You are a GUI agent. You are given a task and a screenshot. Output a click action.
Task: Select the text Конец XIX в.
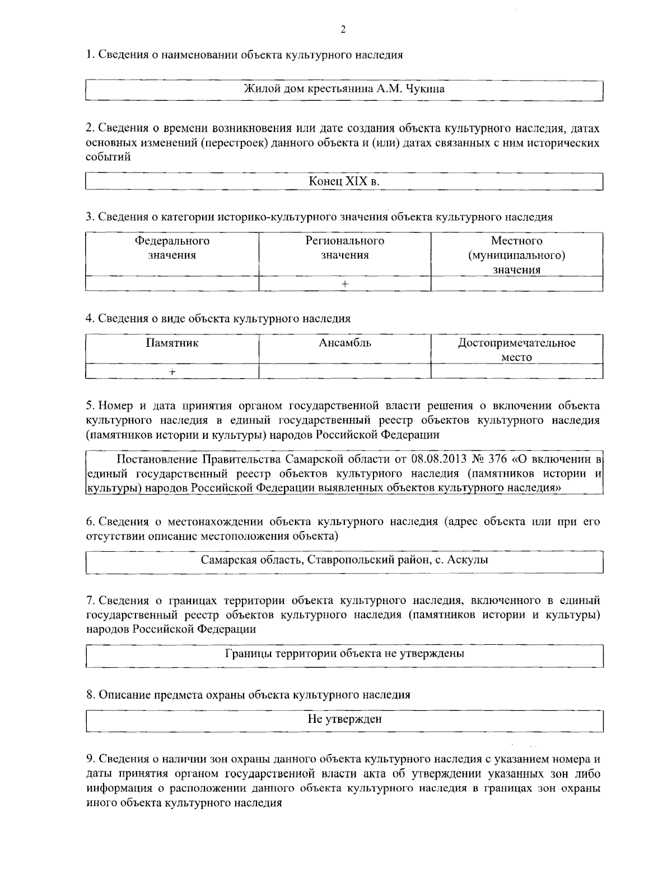pos(344,182)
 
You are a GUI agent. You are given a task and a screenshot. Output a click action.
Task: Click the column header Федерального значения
pos(172,248)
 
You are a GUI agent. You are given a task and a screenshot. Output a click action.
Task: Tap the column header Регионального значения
pos(344,248)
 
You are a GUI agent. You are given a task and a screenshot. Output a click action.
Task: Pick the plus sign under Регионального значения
pos(344,284)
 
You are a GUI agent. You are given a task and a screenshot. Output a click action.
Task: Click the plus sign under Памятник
pos(172,371)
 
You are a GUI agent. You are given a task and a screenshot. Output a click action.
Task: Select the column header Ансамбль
pos(344,342)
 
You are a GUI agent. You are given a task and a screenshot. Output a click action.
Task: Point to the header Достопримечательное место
pos(516,350)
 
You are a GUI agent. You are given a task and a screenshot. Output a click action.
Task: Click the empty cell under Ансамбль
pos(344,371)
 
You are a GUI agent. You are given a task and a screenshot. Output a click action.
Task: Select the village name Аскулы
pos(469,560)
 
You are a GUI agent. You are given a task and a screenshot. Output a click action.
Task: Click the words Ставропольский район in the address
pos(370,560)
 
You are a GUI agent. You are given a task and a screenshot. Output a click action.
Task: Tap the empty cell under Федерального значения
pos(172,284)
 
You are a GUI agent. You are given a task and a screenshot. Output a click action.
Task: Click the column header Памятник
pos(172,342)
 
